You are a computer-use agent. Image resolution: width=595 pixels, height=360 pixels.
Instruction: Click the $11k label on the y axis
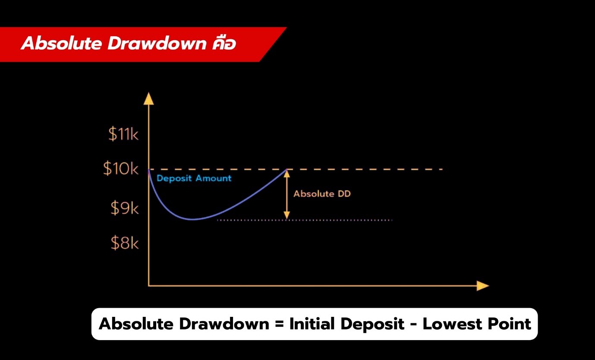[123, 135]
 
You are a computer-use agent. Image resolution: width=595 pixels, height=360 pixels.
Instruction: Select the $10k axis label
[121, 169]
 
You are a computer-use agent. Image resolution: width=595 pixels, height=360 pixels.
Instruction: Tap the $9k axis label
[124, 209]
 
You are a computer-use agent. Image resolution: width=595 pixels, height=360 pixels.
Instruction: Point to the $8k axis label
[124, 244]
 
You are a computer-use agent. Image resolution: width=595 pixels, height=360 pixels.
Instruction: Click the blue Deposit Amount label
[194, 178]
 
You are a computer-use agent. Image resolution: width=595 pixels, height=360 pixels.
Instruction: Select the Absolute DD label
[322, 194]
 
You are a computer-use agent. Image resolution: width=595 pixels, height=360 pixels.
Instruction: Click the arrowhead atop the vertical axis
[148, 98]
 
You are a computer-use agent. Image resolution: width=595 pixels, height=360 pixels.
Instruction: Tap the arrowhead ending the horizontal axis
[483, 286]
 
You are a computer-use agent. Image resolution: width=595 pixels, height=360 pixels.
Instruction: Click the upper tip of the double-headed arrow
[286, 171]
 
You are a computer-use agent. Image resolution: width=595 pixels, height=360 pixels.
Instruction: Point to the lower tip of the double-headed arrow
[286, 218]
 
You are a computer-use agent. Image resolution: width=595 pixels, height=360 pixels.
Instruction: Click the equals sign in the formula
[278, 324]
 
